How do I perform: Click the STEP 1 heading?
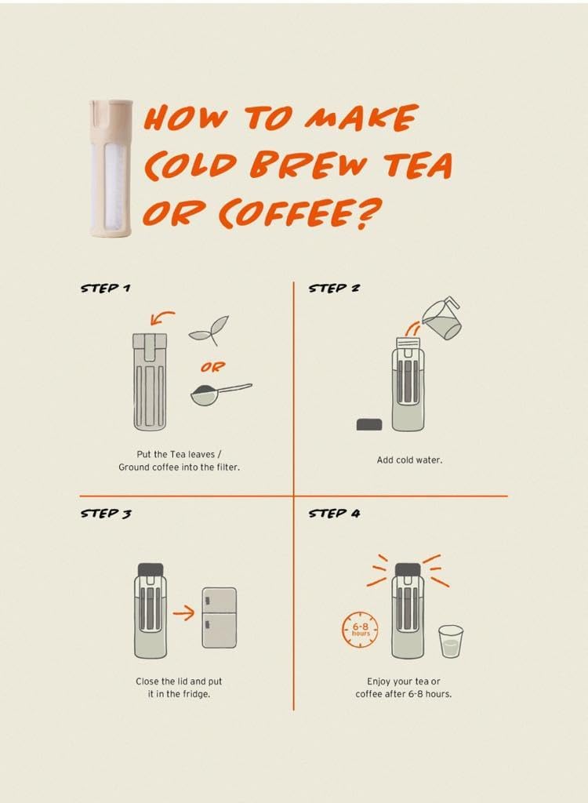[106, 288]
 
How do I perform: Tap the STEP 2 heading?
[334, 288]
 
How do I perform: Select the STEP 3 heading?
[106, 514]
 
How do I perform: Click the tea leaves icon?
[209, 330]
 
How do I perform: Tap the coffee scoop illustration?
[220, 394]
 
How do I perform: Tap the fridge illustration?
[219, 618]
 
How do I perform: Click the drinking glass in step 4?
[450, 641]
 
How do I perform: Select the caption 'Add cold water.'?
[409, 460]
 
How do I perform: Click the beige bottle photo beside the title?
[109, 167]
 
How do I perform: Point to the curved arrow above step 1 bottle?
[164, 317]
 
